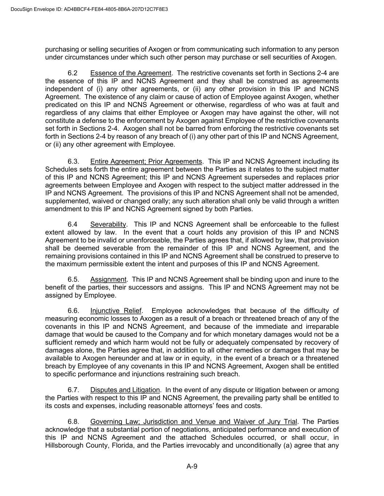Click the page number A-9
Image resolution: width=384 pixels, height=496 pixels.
point(192,467)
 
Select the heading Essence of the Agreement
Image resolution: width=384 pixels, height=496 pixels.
point(130,73)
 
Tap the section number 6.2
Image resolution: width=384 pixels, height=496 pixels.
point(72,73)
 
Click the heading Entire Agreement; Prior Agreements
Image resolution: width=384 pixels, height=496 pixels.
point(146,161)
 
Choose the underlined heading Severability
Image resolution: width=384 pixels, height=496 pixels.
point(108,225)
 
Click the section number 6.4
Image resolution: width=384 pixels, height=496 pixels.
point(72,225)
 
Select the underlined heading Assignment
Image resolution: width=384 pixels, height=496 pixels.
point(108,279)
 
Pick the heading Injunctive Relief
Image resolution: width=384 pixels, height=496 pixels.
point(116,311)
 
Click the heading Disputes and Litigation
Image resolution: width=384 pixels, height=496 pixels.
point(125,390)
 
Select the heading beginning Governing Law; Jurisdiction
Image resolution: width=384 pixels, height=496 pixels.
point(194,422)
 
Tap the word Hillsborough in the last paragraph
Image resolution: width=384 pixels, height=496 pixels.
point(64,445)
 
